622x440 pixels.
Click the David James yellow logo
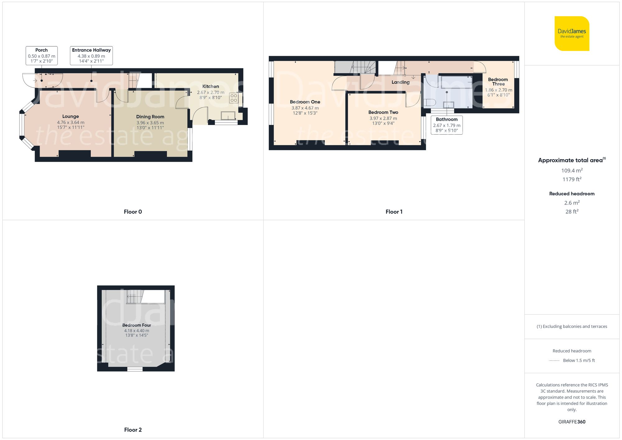pos(572,34)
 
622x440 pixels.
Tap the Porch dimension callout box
pos(42,55)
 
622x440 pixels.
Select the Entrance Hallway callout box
pos(91,55)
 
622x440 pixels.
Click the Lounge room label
pos(71,116)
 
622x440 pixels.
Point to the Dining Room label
pos(150,117)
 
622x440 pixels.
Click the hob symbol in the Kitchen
pos(234,98)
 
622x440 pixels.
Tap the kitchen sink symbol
pos(228,116)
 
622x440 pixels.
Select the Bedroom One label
pos(305,102)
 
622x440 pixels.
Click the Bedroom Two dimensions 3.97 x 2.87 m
pos(383,118)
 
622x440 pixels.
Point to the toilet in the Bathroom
pos(430,102)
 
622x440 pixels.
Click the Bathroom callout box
pos(447,125)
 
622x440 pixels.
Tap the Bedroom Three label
pos(498,81)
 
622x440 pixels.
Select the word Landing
pos(400,82)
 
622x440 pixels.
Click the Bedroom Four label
pos(137,325)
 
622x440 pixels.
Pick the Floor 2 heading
pos(133,430)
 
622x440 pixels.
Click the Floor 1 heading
pos(394,212)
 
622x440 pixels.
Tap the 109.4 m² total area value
pos(572,170)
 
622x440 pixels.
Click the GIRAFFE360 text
pos(572,422)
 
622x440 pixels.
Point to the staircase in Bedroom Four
pos(135,297)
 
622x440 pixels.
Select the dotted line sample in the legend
pos(554,361)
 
